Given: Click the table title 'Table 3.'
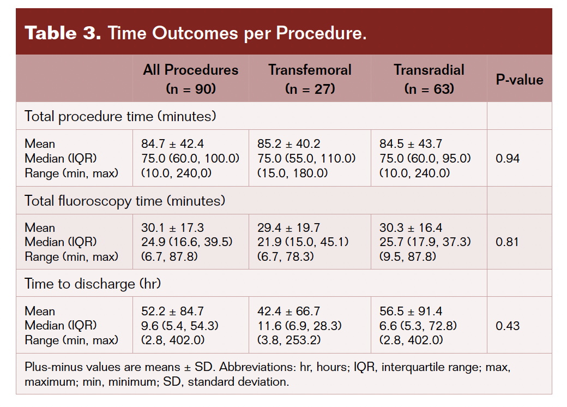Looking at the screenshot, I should click(63, 33).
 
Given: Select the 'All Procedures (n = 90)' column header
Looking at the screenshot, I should click(190, 79).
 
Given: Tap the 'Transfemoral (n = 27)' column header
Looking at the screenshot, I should click(310, 79).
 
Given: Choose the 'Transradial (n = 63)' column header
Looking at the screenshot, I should click(429, 79).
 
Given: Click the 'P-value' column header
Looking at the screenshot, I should click(519, 80).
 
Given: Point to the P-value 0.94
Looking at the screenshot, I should click(507, 159).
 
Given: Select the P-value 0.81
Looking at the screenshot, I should click(507, 242).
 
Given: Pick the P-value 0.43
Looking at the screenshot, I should click(507, 326).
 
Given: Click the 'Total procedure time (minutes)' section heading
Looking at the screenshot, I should click(120, 116).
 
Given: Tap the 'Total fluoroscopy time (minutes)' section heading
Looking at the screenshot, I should click(125, 201).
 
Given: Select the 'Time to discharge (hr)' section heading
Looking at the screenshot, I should click(93, 284).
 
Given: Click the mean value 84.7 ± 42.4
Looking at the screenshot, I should click(172, 144).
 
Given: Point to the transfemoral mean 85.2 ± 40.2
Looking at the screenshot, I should click(288, 144).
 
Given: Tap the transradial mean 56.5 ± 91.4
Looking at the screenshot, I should click(411, 312).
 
